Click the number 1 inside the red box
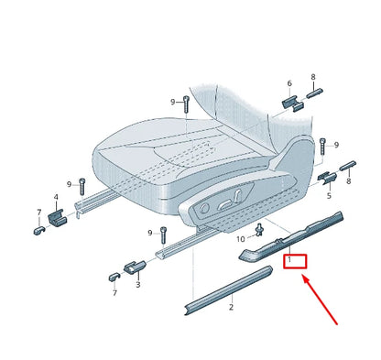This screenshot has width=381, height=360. [290, 260]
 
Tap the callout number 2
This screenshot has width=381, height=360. [231, 308]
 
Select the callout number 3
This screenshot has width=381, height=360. [137, 285]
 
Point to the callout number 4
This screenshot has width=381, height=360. [55, 196]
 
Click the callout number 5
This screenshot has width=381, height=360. [329, 195]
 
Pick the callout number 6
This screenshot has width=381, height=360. [288, 82]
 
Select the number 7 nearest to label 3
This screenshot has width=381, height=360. [114, 293]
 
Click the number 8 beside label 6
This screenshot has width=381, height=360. [312, 77]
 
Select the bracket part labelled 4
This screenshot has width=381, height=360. [58, 217]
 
